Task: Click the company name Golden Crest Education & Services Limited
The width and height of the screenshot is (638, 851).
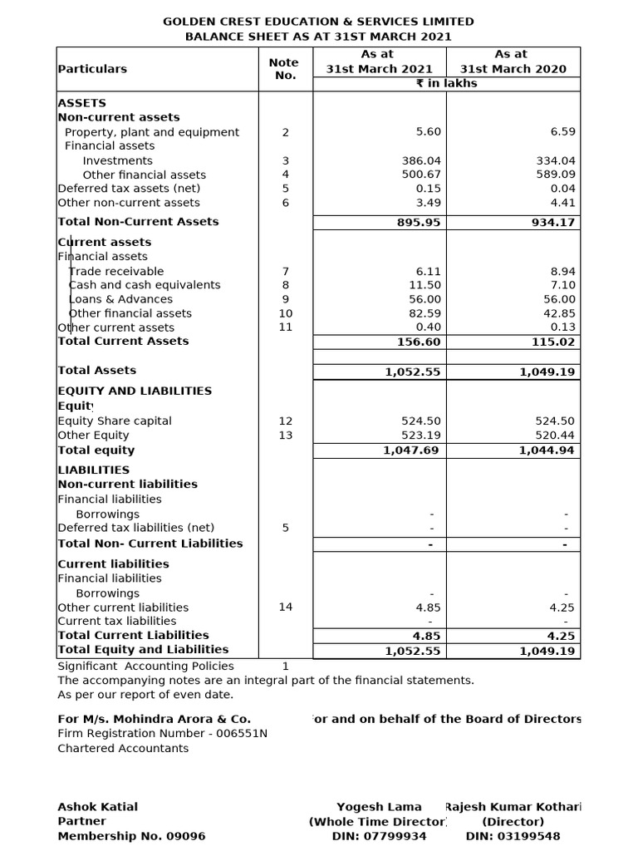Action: point(318,22)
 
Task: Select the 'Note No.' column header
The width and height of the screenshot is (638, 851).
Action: point(284,68)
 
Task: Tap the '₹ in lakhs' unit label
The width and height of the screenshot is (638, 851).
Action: point(446,83)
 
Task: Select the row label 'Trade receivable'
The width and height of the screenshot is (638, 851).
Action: point(116,271)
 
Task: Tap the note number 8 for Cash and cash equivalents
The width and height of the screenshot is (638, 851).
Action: point(285,285)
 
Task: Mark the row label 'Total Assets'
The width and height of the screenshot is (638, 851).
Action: point(96,370)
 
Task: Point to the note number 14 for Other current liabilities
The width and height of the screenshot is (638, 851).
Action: point(285,607)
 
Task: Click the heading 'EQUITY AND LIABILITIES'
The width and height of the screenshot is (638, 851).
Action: point(135,391)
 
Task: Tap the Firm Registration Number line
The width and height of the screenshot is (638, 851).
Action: point(162,733)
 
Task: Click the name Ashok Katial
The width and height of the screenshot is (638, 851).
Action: point(97,806)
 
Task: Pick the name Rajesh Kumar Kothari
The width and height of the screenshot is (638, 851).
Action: point(513,806)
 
